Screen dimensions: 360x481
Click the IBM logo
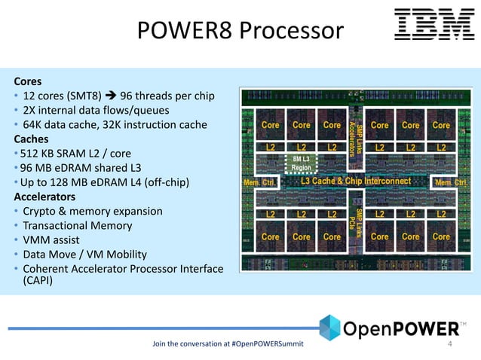point(434,25)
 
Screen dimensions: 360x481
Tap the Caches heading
point(31,139)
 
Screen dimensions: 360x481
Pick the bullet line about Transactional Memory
point(78,226)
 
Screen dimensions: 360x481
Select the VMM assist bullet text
point(57,240)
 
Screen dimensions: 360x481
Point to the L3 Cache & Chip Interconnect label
point(356,182)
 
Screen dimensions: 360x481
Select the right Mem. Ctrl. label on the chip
point(451,182)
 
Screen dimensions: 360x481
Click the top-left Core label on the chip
point(271,125)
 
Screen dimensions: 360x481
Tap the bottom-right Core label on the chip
point(441,236)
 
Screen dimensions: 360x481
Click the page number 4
point(450,345)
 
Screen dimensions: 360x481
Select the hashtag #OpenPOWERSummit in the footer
point(276,345)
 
